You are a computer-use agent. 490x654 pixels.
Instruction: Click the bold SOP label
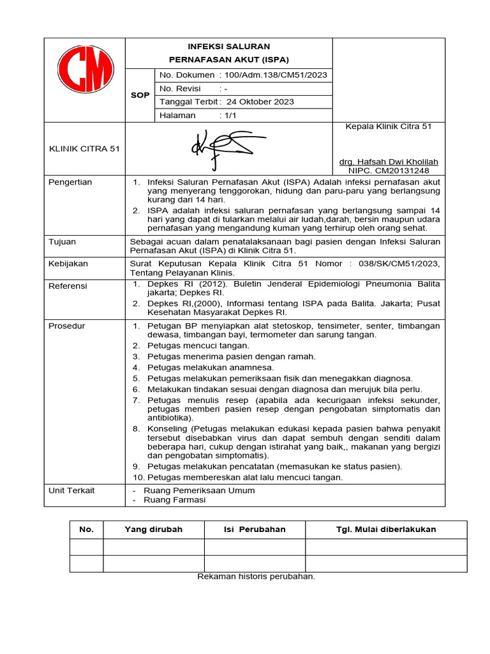[140, 95]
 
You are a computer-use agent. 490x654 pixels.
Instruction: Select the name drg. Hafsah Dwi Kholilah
[389, 162]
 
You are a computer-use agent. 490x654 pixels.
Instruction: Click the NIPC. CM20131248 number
[389, 171]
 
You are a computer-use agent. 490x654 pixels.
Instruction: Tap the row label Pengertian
[70, 182]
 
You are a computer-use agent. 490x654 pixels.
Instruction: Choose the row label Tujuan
[63, 242]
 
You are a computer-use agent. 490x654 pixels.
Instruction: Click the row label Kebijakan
[68, 263]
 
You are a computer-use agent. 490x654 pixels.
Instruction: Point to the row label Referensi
[68, 286]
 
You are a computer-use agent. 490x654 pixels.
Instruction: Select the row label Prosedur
[67, 326]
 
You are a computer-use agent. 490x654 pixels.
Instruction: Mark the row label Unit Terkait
[71, 490]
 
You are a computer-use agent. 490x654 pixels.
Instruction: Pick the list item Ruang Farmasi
[175, 500]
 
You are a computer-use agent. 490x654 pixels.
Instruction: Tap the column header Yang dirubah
[153, 529]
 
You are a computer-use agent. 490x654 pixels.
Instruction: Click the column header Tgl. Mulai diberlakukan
[386, 529]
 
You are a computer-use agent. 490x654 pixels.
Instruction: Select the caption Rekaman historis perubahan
[256, 576]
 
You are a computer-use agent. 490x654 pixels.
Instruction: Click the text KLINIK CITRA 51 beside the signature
[84, 149]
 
